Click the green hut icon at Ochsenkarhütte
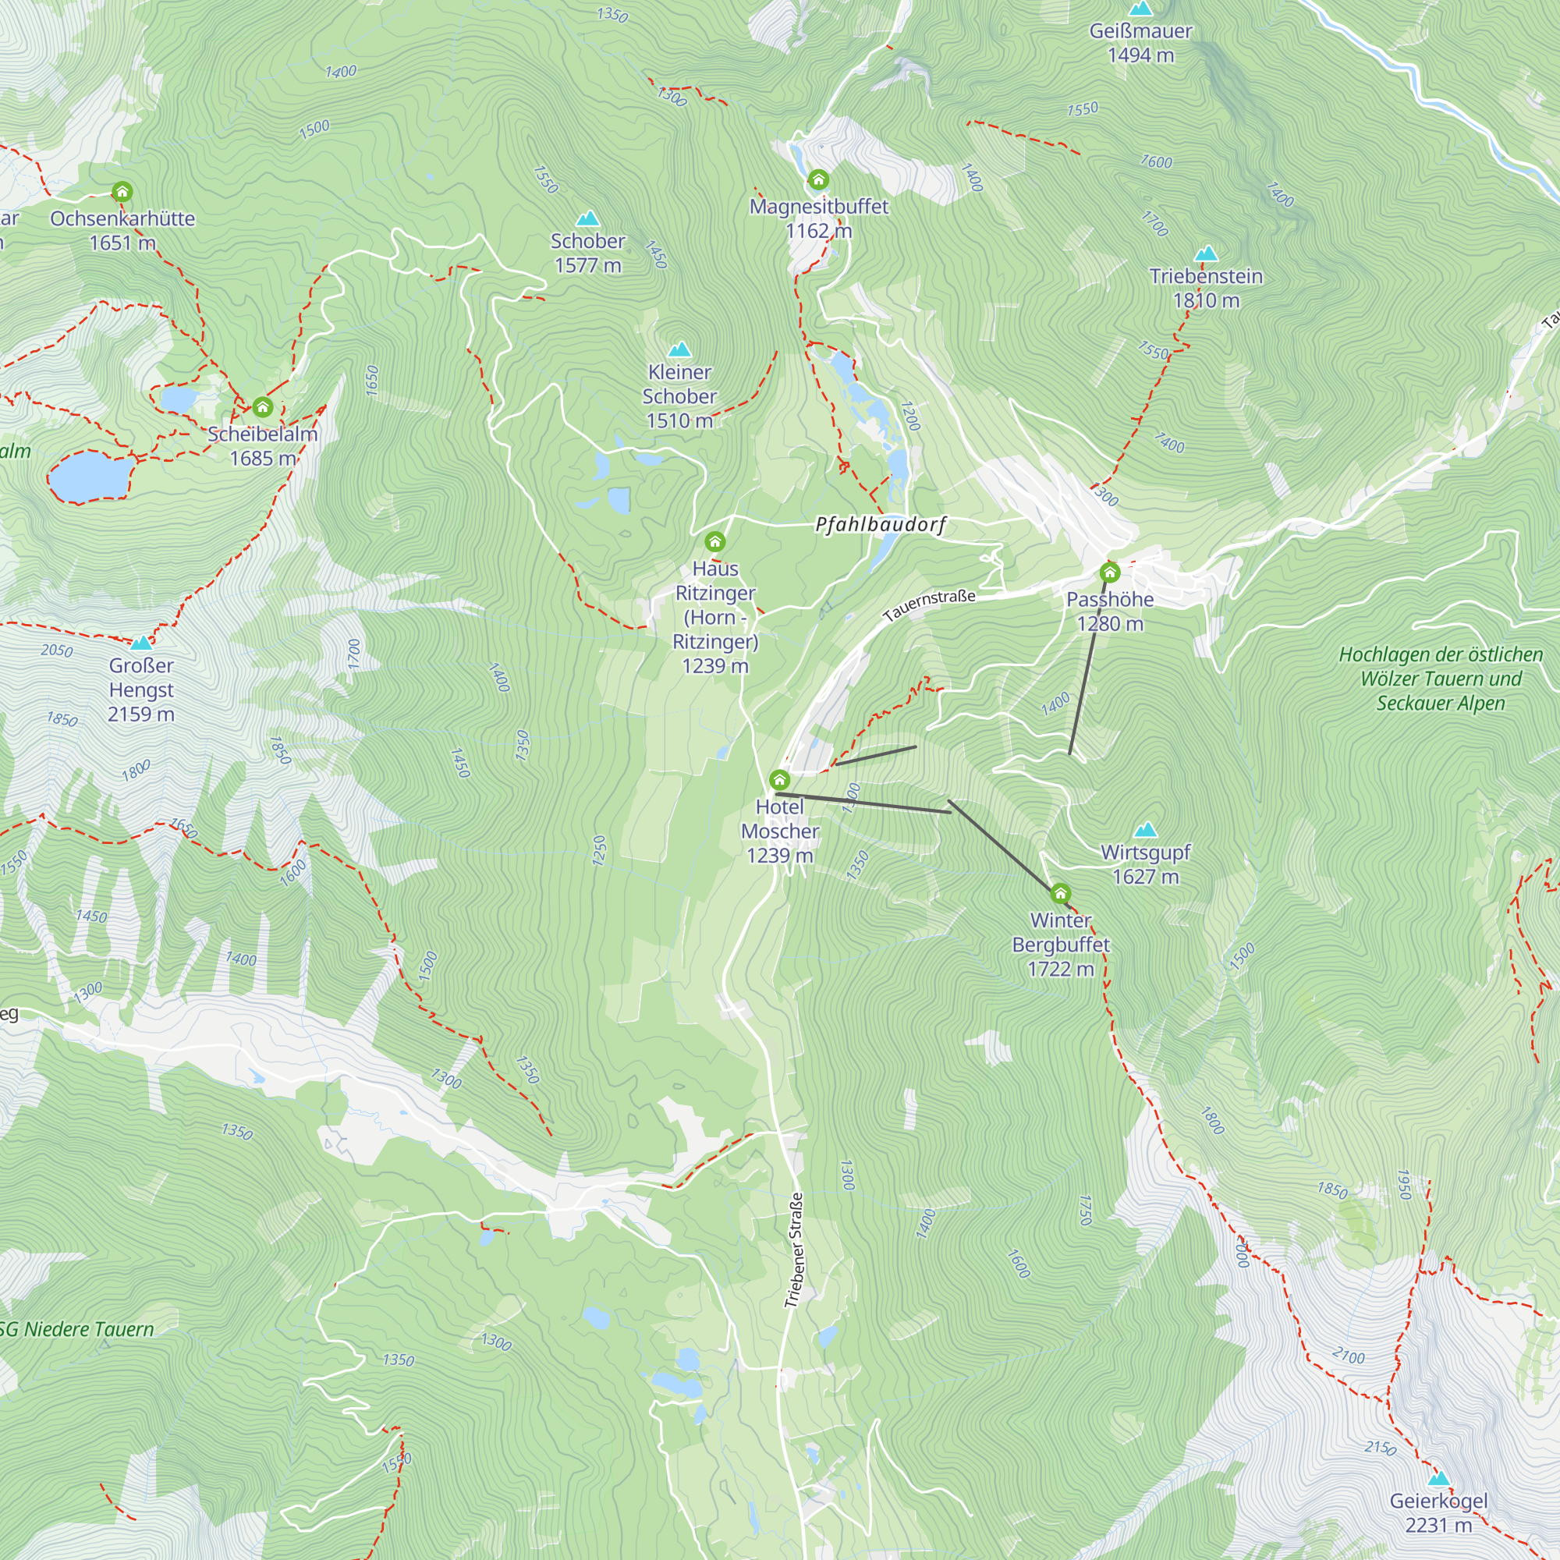coord(122,192)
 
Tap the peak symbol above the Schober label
coord(588,218)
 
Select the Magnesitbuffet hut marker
coord(819,179)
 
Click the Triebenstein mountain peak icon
coord(1207,253)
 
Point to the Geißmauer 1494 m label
coord(1140,43)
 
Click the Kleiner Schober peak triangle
coord(680,349)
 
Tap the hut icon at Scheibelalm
coord(262,407)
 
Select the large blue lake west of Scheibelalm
coord(91,476)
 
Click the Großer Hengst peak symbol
coord(141,643)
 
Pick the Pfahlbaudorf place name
coord(881,525)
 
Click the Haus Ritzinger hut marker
coord(715,541)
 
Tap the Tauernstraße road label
coord(930,604)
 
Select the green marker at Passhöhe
coord(1110,573)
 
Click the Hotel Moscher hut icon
coord(780,780)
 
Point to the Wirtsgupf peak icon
coord(1145,829)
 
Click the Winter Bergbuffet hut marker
coord(1060,894)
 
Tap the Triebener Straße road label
coord(795,1250)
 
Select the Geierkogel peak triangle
coord(1438,1478)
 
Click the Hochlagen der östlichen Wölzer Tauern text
coord(1441,679)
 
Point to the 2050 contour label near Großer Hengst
coord(56,650)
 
